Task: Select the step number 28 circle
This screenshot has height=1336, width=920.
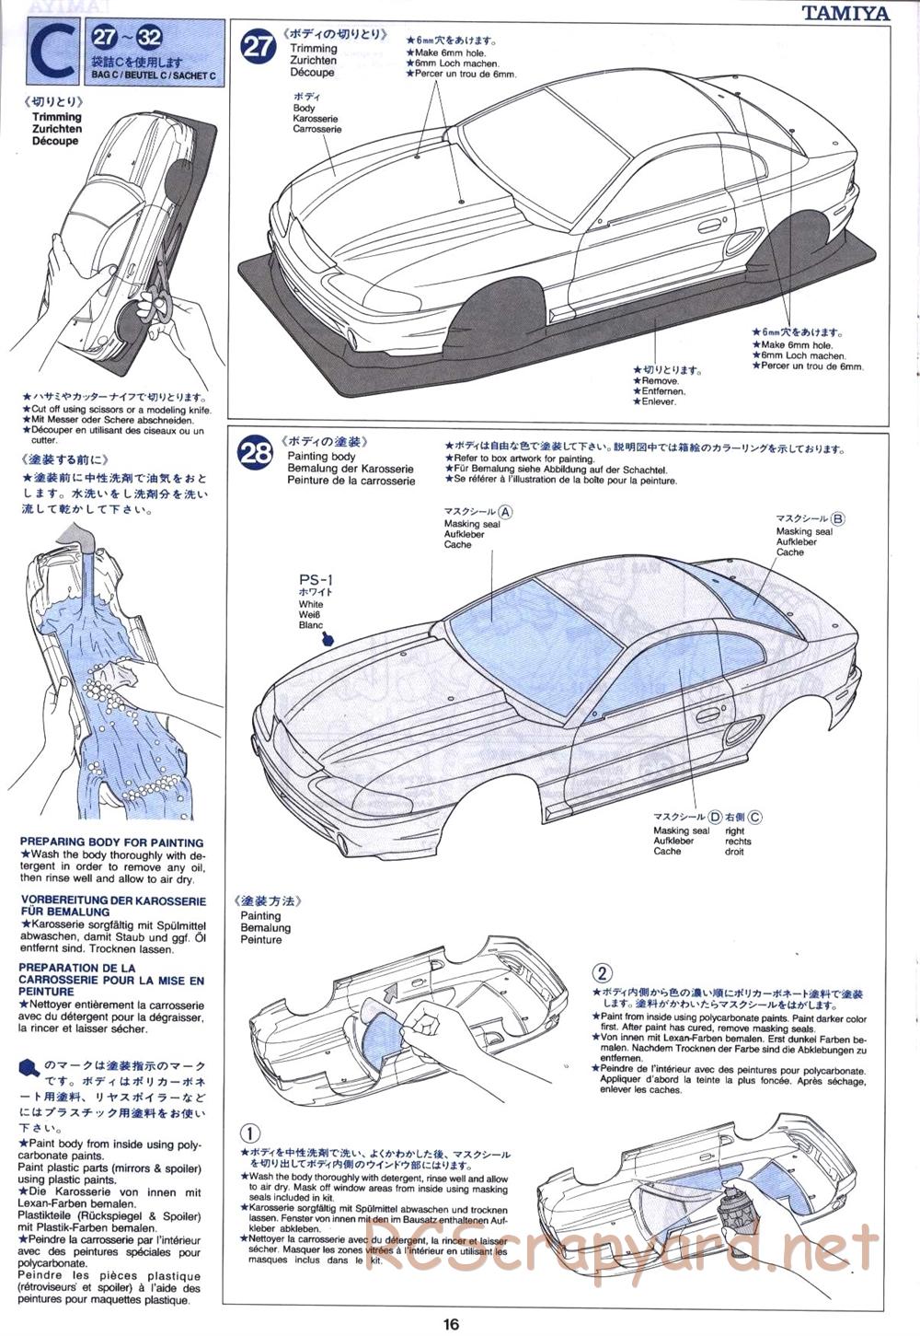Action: click(x=255, y=452)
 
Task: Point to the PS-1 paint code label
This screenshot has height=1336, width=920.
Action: click(x=316, y=580)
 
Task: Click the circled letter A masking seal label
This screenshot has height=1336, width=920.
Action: click(x=506, y=512)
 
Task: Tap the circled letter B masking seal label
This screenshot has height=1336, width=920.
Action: click(x=837, y=519)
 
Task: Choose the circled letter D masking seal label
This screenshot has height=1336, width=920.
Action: click(x=715, y=817)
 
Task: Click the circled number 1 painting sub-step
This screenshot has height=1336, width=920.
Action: click(x=249, y=1133)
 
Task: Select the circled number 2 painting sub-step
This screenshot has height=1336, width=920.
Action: click(x=602, y=973)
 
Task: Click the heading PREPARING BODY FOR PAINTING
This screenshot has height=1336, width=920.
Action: click(x=111, y=842)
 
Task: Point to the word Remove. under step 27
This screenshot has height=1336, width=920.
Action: click(x=660, y=381)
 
